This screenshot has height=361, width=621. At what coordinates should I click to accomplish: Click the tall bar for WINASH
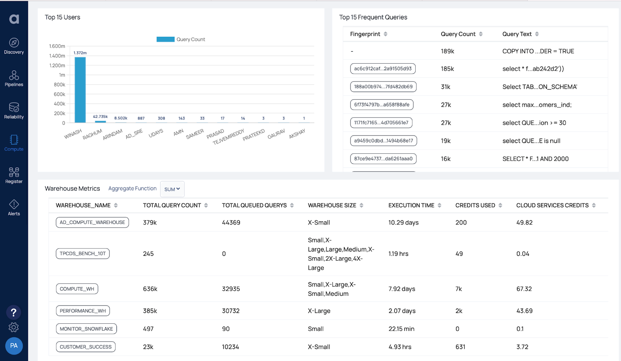point(80,90)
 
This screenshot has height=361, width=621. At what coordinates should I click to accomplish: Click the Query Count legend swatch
point(165,39)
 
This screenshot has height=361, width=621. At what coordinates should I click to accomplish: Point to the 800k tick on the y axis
point(59,85)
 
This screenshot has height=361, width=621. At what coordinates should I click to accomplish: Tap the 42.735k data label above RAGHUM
point(100,116)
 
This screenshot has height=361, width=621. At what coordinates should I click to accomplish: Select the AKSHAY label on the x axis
point(297,134)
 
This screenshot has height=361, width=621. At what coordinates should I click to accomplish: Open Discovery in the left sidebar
point(14,46)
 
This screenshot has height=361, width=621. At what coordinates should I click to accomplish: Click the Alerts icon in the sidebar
point(14,205)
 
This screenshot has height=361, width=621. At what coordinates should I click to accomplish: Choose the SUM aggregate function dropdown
point(172,189)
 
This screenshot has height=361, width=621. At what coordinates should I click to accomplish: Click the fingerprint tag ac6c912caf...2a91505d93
point(383,69)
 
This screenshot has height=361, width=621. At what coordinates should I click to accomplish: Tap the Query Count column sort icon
point(481,34)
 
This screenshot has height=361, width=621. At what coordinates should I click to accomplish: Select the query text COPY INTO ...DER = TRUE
point(538,51)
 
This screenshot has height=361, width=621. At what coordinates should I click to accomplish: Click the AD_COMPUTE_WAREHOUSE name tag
point(92,222)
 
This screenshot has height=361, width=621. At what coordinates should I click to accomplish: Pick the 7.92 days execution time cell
point(402,289)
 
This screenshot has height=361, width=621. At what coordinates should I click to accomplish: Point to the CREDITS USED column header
point(475,205)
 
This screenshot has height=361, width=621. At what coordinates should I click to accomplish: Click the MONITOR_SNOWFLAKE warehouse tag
point(86,329)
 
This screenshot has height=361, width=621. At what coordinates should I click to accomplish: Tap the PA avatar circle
point(14,345)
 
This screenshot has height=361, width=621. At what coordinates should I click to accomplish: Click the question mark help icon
point(14,312)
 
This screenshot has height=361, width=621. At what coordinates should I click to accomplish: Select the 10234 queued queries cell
point(231,347)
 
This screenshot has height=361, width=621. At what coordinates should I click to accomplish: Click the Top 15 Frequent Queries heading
point(373,17)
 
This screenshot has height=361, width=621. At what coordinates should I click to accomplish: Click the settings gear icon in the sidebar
point(14,328)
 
